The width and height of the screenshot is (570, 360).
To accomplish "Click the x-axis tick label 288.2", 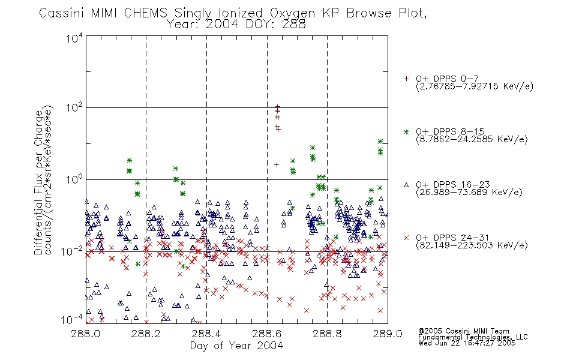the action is coord(146,334).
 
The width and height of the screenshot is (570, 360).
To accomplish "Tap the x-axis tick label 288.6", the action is coord(266,334).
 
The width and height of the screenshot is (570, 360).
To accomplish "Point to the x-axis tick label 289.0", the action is coord(388,334).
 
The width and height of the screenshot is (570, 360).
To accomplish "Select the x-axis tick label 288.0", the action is coord(85,334).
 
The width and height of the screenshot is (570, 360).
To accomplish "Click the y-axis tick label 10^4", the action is coord(74,38).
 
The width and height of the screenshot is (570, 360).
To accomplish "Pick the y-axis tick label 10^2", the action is coord(74,108).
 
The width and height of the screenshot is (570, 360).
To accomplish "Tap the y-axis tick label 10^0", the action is coord(74,179).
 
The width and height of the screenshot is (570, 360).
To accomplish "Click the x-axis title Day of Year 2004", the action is coord(236,346).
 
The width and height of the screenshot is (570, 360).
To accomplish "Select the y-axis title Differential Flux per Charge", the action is coord(38,182).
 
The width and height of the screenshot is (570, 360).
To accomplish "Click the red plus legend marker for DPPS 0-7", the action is coord(406,79).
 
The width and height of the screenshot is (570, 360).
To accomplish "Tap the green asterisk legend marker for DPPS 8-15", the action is coord(406,132).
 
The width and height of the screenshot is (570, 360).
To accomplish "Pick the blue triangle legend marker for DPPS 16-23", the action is coord(406,185).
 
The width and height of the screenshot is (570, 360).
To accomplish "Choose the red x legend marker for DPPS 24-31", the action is coord(406,238).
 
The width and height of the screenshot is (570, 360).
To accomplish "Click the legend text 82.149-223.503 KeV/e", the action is coord(472,245).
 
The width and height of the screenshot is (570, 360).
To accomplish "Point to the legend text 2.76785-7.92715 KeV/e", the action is coord(475,86).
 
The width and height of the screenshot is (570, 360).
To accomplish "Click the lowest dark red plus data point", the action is coord(277,165).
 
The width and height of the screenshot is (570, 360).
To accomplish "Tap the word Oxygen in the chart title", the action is coord(292,13).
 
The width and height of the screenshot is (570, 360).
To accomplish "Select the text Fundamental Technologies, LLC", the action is coord(473,337).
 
